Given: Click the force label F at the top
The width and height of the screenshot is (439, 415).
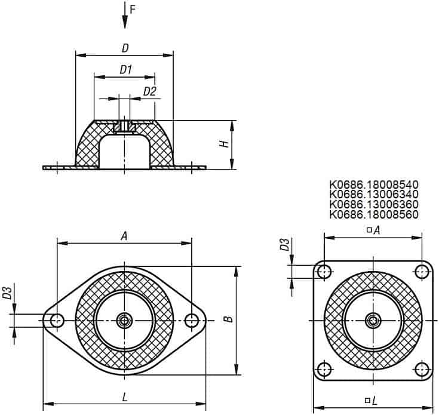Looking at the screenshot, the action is [133, 10].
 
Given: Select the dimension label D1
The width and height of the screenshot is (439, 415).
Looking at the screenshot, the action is [125, 70].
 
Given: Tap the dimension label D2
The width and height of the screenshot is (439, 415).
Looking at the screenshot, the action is [149, 91].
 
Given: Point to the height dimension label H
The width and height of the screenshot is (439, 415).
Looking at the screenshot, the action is [225, 144].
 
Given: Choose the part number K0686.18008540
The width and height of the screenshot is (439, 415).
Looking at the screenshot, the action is [374, 185].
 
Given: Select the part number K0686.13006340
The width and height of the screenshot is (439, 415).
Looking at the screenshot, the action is [374, 195].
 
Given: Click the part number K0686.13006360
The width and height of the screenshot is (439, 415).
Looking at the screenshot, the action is [374, 204].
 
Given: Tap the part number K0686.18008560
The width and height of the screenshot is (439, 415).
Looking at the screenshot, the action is [374, 214].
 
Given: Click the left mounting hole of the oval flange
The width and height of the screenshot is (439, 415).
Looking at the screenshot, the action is [57, 321].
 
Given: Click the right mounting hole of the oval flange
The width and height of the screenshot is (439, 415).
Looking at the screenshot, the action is [192, 321].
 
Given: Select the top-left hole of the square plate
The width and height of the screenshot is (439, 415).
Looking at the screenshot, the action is [324, 272].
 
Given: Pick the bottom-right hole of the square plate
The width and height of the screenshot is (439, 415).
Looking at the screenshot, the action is [422, 369].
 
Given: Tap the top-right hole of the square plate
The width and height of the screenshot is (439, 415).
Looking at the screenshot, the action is [422, 272].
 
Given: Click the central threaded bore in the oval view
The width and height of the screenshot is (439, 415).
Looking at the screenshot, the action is [125, 321].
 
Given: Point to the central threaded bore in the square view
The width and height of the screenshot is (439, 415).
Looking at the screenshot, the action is [373, 321].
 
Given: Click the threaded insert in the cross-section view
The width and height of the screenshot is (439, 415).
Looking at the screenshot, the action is [125, 127].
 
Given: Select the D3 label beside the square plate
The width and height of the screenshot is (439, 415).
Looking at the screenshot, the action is [285, 245].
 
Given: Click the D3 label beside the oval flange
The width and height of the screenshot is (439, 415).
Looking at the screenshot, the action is [8, 293].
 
